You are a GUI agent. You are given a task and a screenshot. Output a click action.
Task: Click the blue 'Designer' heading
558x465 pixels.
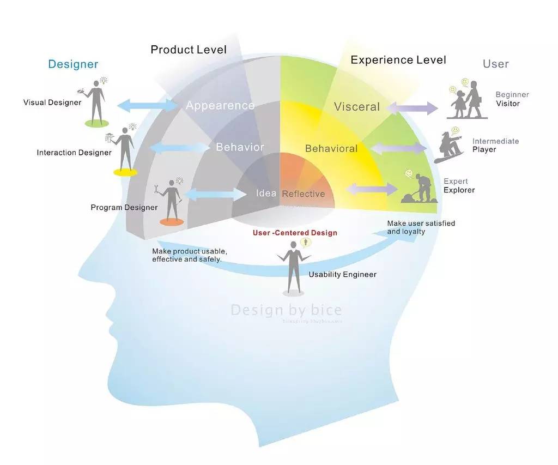click(73, 64)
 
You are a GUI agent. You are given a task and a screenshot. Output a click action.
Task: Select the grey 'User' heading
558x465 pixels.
click(495, 64)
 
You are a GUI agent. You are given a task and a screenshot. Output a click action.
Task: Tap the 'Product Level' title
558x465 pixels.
click(189, 50)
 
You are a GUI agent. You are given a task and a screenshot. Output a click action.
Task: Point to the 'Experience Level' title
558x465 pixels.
click(398, 60)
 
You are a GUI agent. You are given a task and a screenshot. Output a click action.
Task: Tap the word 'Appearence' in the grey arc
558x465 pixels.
click(220, 106)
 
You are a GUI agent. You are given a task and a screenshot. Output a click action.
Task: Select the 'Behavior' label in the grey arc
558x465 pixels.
click(240, 147)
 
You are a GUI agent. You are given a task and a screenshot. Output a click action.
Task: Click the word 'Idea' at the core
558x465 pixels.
click(266, 194)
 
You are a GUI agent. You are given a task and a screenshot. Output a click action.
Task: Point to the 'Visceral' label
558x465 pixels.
click(357, 107)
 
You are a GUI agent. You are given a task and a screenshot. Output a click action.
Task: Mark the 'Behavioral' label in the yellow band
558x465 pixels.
click(331, 149)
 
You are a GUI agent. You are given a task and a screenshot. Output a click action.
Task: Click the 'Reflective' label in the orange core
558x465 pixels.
click(303, 194)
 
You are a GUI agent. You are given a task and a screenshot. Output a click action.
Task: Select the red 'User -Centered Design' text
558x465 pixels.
click(295, 233)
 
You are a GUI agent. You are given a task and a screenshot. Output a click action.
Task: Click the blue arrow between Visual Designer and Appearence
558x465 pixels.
click(148, 105)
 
